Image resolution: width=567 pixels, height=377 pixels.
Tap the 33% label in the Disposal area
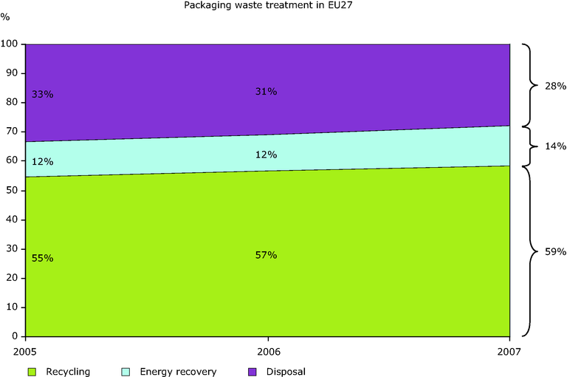pyautogui.click(x=43, y=95)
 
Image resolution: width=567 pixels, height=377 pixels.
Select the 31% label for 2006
pyautogui.click(x=266, y=92)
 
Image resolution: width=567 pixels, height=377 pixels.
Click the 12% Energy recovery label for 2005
pyautogui.click(x=43, y=162)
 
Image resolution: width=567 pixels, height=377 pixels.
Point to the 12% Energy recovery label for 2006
pyautogui.click(x=266, y=154)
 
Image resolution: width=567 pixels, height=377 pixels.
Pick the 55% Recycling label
pyautogui.click(x=43, y=258)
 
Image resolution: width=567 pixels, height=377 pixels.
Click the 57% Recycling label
pyautogui.click(x=266, y=255)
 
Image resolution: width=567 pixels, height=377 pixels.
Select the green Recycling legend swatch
pyautogui.click(x=32, y=372)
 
